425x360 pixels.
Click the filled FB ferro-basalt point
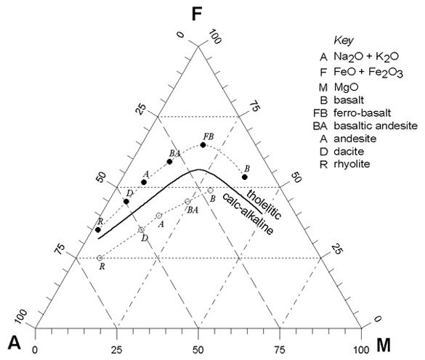203,145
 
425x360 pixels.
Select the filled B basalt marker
245,177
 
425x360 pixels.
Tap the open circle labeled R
100,258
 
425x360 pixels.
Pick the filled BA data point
170,162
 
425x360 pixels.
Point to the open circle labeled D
141,229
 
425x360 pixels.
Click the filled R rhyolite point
98,229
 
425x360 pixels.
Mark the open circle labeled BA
187,201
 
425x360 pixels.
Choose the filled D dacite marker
126,202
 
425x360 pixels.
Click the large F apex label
197,15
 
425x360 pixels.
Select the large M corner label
384,345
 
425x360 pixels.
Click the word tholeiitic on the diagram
264,204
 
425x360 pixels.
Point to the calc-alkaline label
248,213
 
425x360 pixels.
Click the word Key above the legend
344,41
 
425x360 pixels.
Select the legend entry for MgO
339,87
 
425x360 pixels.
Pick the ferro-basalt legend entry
352,112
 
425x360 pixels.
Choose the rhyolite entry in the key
345,164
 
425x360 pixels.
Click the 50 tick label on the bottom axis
198,351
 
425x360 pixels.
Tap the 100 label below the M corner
361,351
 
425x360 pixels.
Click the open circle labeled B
211,190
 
